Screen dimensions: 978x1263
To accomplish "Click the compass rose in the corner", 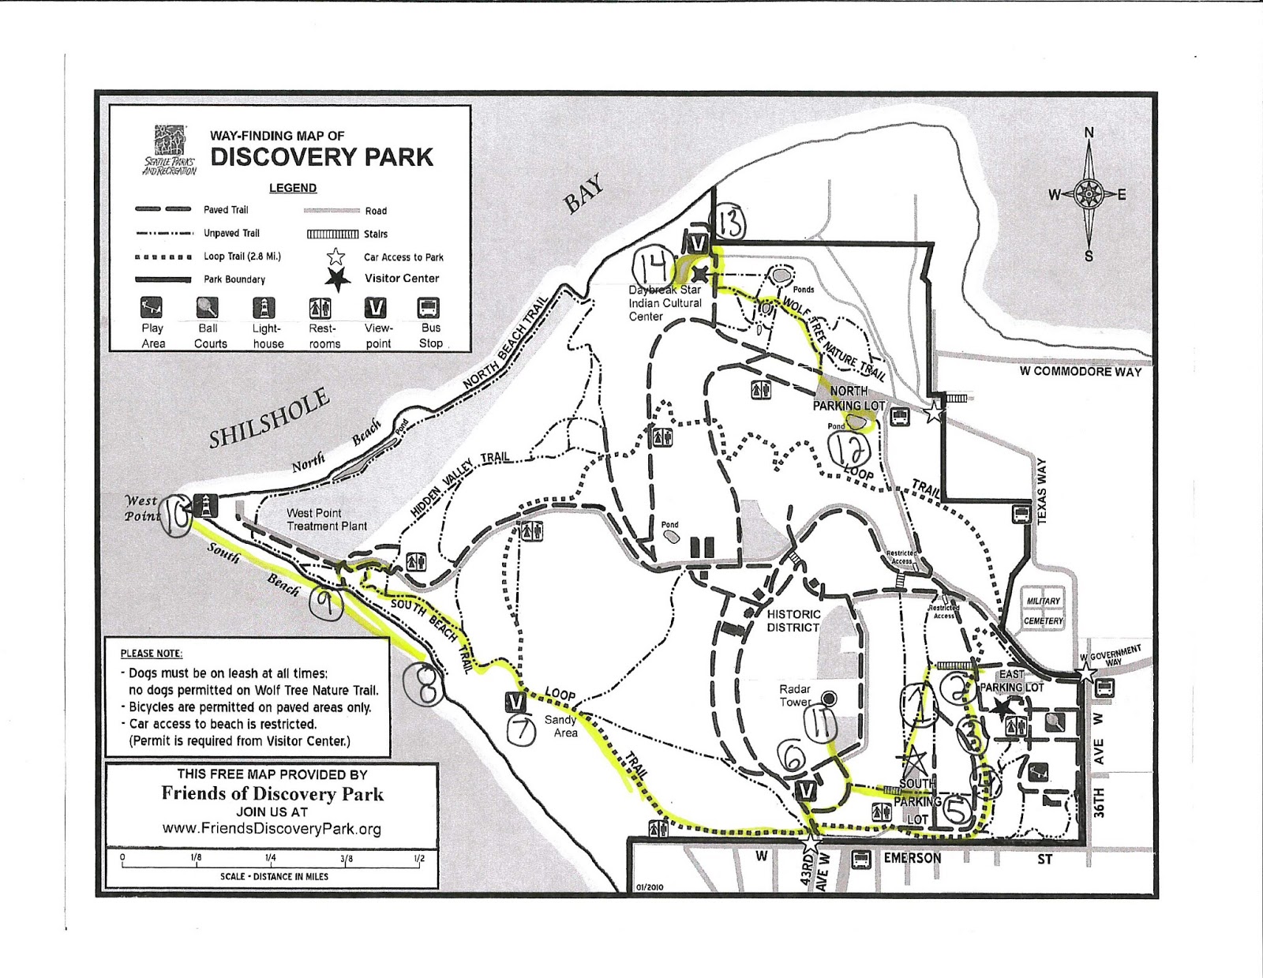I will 1088,193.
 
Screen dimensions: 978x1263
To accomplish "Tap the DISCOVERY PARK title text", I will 321,157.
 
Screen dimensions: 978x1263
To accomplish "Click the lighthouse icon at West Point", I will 206,504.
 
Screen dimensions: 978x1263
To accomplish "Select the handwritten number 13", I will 730,224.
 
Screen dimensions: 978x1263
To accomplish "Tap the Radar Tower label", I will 795,695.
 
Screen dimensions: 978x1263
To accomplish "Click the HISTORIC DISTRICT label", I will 793,620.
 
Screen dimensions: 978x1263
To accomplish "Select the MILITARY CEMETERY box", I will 1044,611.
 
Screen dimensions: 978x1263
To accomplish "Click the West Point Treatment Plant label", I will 326,519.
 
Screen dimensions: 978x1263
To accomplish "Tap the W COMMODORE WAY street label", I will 1080,371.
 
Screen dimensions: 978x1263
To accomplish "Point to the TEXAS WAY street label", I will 1041,491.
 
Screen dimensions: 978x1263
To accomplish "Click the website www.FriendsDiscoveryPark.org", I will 272,829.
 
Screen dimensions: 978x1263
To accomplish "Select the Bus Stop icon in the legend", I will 428,308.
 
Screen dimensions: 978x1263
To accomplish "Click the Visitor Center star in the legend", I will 338,279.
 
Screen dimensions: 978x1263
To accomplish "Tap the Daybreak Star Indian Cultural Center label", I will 664,303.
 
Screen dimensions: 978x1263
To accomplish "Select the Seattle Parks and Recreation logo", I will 171,149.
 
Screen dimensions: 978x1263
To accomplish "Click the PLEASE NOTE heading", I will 151,654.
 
